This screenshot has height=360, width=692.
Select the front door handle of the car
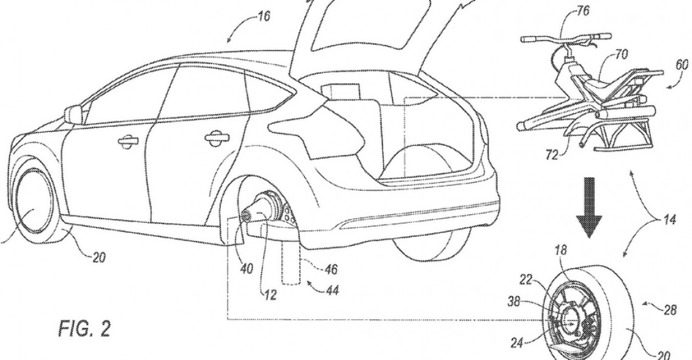pos(127,141)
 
